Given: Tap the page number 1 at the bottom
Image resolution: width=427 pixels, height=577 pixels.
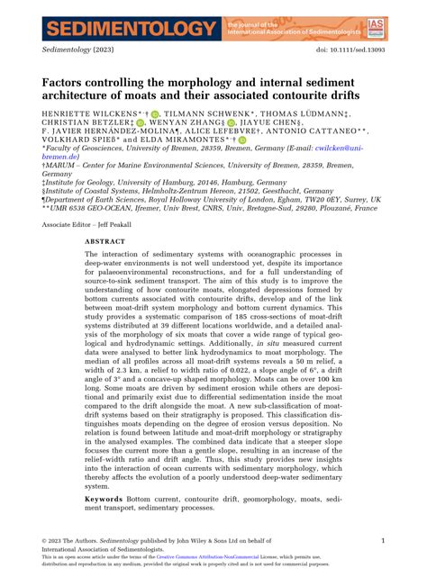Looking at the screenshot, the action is tap(383, 540).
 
